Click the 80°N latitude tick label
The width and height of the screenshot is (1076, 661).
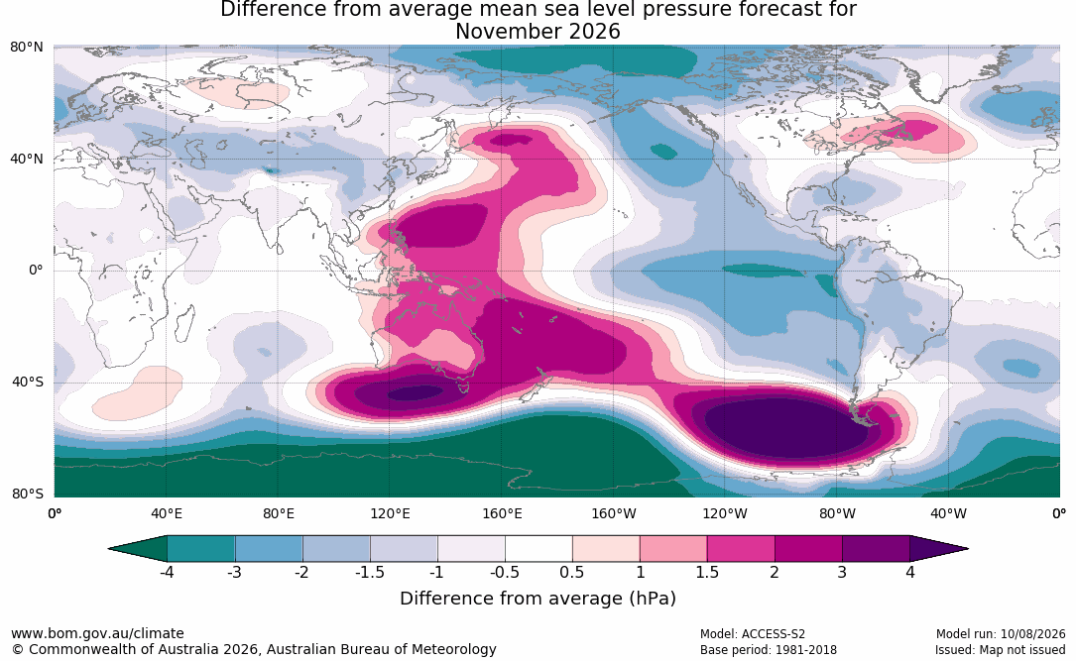[26, 48]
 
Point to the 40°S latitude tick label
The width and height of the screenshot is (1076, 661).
[28, 382]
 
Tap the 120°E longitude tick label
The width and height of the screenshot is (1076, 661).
[390, 513]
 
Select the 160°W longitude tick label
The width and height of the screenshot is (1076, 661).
[614, 513]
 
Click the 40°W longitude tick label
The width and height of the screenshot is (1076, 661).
[948, 513]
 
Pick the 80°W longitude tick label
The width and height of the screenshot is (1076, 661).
[837, 513]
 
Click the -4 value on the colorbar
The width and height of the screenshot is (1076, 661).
[167, 572]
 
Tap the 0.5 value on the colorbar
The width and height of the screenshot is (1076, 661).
[571, 572]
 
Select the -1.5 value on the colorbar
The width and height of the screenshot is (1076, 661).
[370, 572]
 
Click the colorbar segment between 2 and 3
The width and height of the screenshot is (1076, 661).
[808, 549]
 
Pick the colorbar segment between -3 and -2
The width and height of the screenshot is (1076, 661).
[269, 549]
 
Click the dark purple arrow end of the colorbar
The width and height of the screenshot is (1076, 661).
[937, 549]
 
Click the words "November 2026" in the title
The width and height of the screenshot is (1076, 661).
[538, 32]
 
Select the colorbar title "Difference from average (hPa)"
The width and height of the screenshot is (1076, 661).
[538, 598]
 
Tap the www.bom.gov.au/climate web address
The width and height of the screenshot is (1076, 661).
[97, 633]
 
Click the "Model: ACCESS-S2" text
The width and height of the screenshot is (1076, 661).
[753, 634]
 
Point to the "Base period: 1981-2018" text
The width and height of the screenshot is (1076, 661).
[769, 649]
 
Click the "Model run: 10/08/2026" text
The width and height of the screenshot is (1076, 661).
[1001, 634]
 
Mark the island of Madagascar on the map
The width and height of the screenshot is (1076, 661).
[183, 324]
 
